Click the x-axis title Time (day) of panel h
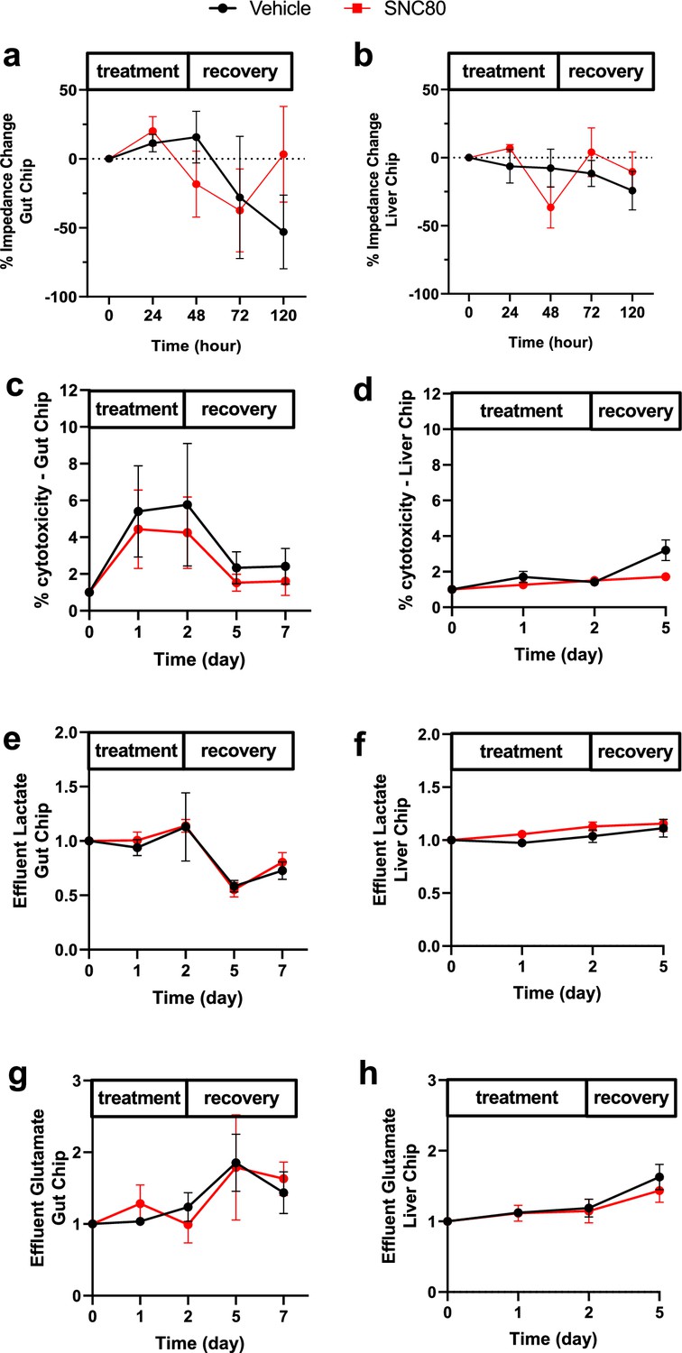[x=554, y=1334]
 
